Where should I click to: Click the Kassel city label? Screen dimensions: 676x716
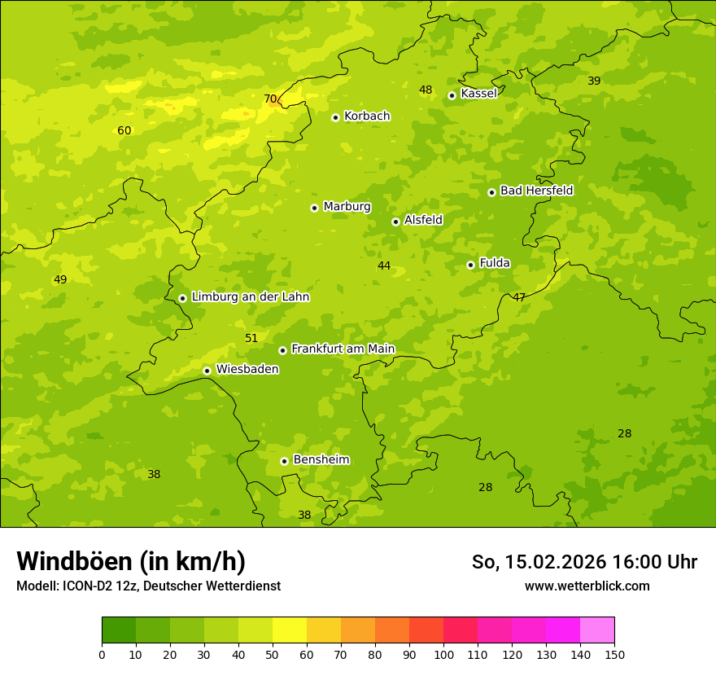point(478,94)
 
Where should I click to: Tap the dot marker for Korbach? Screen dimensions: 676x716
point(335,117)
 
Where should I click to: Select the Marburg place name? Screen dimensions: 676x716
point(347,207)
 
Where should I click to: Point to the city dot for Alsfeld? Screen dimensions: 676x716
point(395,222)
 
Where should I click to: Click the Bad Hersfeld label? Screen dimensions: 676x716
point(536,191)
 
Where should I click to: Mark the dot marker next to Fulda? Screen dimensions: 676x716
point(470,265)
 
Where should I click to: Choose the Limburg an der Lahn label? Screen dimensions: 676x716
point(250,297)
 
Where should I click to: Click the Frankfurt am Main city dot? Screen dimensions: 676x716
point(282,350)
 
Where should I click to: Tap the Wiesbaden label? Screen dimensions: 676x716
point(247,370)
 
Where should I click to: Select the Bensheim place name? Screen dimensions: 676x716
point(321,460)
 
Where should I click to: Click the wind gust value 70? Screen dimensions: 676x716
point(270,99)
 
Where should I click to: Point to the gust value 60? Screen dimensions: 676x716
point(124,130)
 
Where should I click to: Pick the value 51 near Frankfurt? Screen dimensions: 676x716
point(251,338)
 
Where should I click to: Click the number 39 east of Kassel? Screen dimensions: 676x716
point(594,81)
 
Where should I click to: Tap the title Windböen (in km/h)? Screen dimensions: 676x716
point(131,561)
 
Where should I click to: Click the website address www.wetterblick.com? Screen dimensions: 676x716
point(587,586)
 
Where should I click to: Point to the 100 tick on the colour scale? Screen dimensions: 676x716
point(443,654)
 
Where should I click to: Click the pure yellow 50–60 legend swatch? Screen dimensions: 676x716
point(290,630)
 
